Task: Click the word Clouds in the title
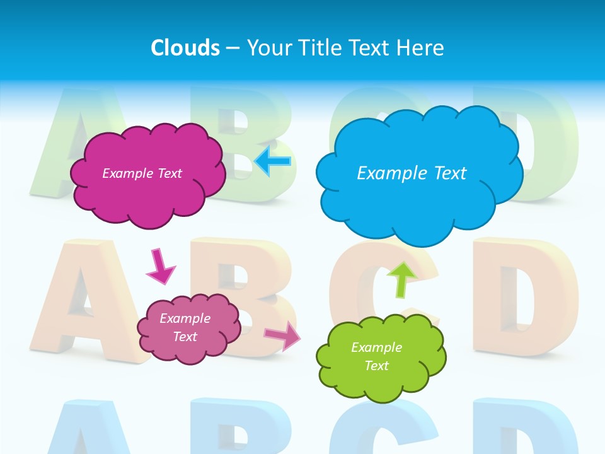click(185, 48)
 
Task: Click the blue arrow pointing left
click(273, 161)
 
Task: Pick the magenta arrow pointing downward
click(160, 266)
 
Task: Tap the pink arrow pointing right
click(283, 335)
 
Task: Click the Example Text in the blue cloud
click(412, 173)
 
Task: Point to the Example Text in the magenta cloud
click(142, 173)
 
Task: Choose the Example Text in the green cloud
click(376, 356)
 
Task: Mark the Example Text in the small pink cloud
click(185, 327)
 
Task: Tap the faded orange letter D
click(523, 296)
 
